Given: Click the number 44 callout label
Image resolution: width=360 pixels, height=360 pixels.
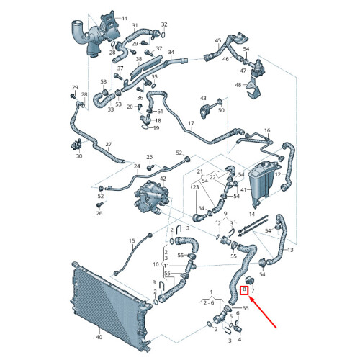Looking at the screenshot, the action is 124,18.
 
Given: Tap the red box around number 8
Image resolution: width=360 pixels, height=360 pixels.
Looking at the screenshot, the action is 244,289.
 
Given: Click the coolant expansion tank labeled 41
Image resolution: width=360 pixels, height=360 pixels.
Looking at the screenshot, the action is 262,184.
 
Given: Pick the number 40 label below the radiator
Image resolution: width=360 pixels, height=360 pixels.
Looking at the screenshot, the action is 99,337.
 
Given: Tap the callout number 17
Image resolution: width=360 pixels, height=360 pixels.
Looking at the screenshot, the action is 191,123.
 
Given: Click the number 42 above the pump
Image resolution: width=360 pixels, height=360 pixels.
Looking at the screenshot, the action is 163,179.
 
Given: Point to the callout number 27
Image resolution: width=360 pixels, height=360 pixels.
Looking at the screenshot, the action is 109,144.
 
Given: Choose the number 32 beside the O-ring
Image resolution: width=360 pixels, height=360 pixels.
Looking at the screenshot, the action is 164,24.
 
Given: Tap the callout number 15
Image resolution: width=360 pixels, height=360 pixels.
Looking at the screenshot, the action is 132,240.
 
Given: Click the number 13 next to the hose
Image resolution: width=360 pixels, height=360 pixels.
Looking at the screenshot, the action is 290,250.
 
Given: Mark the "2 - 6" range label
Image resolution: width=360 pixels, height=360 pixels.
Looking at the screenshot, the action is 209,303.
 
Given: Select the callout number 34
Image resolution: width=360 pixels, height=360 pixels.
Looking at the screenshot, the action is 171,52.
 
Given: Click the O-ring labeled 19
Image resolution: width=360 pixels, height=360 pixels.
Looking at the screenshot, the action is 145,127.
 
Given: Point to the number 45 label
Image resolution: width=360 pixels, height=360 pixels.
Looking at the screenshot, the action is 218,40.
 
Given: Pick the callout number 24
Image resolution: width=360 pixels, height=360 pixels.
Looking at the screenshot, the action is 137,166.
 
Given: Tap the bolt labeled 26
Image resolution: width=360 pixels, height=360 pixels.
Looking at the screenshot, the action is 99,205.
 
